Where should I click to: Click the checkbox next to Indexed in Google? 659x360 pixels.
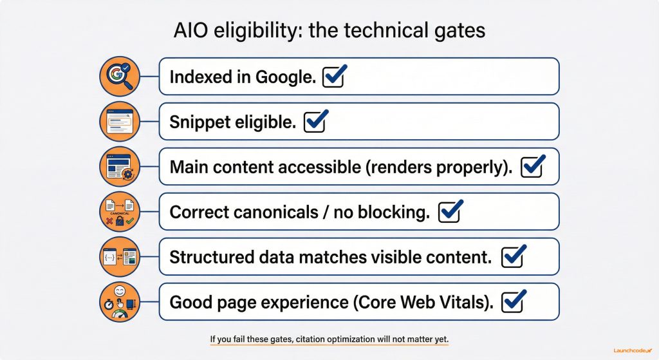[x=334, y=77]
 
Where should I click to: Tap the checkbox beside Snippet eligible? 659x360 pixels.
[x=315, y=122]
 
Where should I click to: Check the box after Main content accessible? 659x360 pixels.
[x=533, y=167]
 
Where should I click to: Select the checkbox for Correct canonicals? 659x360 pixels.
[x=449, y=212]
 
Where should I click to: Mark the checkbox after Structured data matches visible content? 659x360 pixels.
[x=513, y=257]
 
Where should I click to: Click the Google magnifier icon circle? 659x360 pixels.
[x=120, y=77]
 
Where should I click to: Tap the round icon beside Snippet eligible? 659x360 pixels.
[x=120, y=122]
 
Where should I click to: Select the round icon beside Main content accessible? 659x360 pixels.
[x=120, y=167]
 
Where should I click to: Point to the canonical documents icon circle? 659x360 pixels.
[x=120, y=212]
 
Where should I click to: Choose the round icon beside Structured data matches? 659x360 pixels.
[x=120, y=257]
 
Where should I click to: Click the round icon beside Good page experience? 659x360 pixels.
[x=120, y=301]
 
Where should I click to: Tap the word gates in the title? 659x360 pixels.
[x=459, y=32]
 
